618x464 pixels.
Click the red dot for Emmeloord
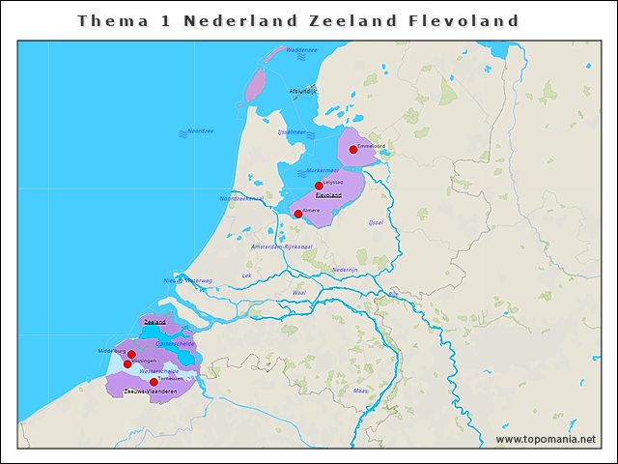[x=353, y=150]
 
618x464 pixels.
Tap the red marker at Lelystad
[x=319, y=186]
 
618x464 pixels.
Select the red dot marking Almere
[x=298, y=214]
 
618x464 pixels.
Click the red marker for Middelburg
[x=131, y=355]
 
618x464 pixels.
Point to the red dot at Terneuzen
[x=154, y=382]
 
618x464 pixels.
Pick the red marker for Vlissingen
[x=127, y=364]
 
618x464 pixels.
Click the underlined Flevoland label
[x=328, y=194]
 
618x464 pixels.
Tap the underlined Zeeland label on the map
[x=154, y=321]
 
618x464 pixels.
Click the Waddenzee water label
[x=301, y=49]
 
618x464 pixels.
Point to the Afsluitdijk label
[x=302, y=91]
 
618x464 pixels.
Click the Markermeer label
[x=323, y=170]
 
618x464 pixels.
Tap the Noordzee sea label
[x=201, y=130]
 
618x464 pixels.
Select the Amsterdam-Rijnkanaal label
[x=281, y=246]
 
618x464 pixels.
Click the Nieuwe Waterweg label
[x=187, y=280]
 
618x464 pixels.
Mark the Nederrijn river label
[x=345, y=269]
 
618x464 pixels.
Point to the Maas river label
[x=360, y=391]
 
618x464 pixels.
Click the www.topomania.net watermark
[x=546, y=439]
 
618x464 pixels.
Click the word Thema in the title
[x=106, y=20]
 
